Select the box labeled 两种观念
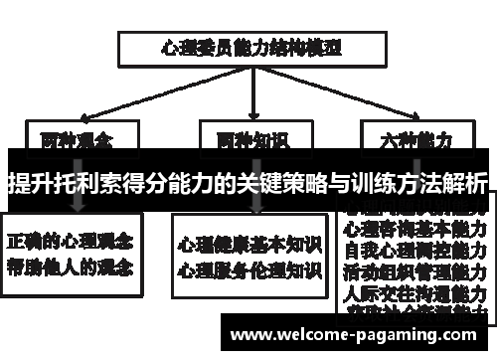tap(76, 139)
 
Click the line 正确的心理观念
tap(74, 242)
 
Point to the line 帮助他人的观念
tap(74, 266)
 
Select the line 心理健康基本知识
tap(249, 243)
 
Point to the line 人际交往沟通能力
tap(414, 294)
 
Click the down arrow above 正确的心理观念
tap(76, 204)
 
